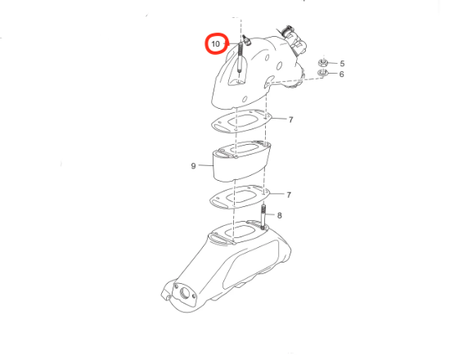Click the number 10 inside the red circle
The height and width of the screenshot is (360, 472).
(215, 44)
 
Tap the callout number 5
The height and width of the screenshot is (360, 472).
(342, 64)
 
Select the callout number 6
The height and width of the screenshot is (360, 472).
(341, 74)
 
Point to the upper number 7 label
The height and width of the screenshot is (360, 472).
(290, 119)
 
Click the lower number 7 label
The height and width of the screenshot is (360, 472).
(289, 195)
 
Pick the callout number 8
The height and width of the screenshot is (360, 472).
(279, 215)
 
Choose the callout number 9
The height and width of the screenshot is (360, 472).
(193, 166)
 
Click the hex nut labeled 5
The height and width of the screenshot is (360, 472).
(323, 63)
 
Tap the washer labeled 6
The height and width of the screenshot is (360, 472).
(322, 73)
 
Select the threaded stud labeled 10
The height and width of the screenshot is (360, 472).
(240, 57)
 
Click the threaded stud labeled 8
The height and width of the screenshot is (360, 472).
(263, 216)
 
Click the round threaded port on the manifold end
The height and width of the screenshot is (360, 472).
(184, 293)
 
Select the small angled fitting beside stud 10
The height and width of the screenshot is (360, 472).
(247, 40)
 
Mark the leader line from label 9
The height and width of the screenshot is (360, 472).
(206, 165)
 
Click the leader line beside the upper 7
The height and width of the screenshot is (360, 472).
(278, 119)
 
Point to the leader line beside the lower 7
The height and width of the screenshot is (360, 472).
(276, 194)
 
